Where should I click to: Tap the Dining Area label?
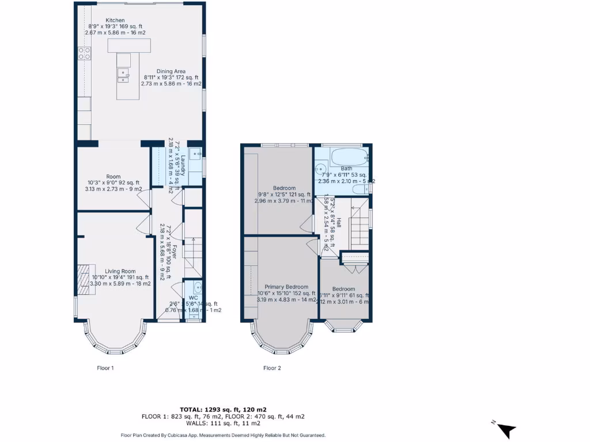(171, 71)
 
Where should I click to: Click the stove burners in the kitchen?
(84, 54)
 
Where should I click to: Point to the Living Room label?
(120, 271)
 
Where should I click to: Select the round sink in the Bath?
(320, 170)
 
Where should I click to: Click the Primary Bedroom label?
(286, 287)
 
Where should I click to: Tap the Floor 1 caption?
(105, 368)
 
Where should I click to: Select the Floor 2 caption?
(272, 368)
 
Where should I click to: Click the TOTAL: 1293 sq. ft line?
(224, 409)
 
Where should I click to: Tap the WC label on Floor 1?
(193, 298)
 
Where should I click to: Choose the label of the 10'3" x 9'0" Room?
(113, 177)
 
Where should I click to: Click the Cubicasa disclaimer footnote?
(224, 435)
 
